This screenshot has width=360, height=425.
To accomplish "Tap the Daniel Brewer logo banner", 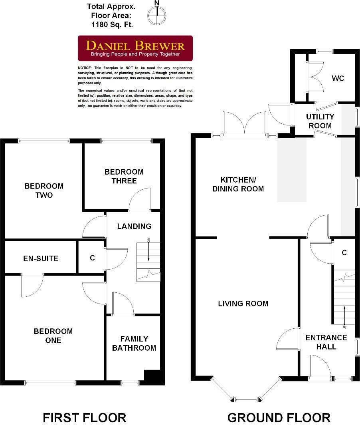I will point(135,48).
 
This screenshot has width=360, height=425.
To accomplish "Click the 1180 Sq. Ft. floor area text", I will point(111,24).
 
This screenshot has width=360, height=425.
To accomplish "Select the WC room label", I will point(337,78).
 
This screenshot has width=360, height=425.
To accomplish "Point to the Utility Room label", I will point(320,121).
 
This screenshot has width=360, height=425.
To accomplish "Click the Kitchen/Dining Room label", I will point(238,184).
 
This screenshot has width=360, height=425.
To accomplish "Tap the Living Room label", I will point(243,304).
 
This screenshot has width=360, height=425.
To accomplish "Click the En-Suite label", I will point(40,258).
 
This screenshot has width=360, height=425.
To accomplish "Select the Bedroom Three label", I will point(124,176).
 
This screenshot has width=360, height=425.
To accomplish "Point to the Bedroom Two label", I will point(44,191).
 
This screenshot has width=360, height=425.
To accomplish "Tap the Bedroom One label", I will point(53,336).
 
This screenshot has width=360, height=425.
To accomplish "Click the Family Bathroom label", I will point(134,344).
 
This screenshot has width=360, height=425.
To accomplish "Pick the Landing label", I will point(134,226).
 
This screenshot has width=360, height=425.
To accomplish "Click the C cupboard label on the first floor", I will point(92,258).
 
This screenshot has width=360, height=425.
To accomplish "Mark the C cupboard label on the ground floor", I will point(344,252).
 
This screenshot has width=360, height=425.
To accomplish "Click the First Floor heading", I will point(84,417).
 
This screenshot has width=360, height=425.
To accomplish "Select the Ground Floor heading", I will point(279,417).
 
